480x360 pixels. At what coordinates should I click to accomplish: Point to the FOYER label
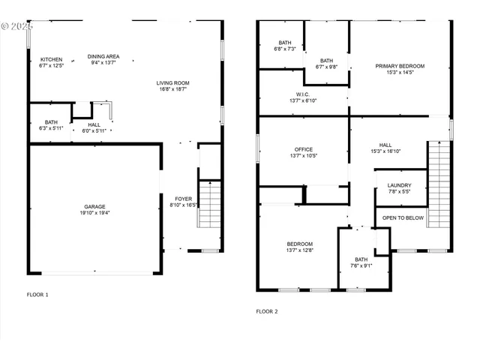point(184,200)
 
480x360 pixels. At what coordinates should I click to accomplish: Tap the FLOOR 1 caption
point(37,295)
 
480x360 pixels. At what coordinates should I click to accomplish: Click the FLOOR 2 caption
point(267,310)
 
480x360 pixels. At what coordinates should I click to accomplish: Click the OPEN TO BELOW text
point(403,217)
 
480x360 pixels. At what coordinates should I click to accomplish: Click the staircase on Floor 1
point(209,204)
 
